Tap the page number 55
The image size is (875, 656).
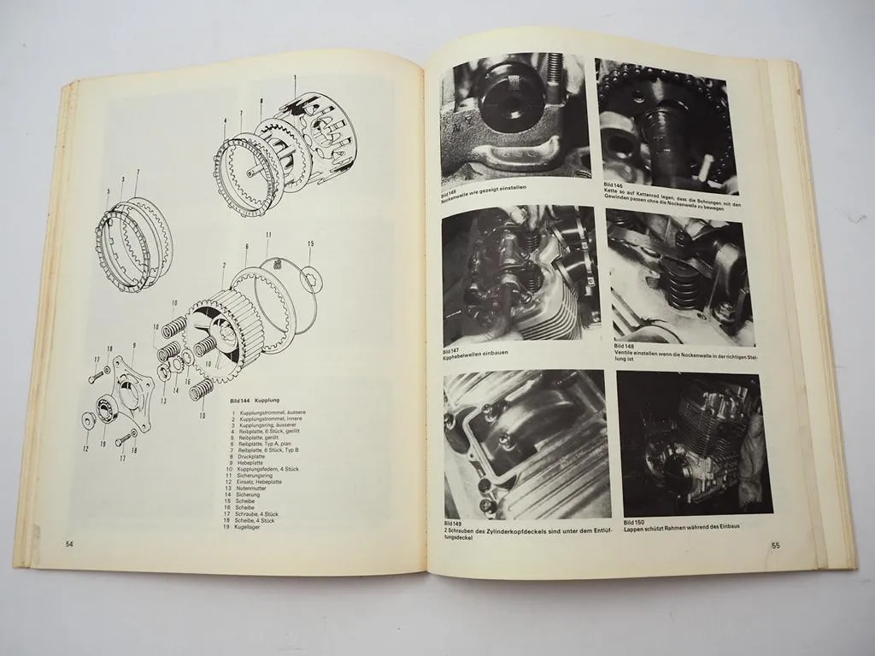coord(776,546)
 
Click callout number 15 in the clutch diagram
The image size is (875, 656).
coord(310,244)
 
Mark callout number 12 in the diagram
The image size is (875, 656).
coord(85,448)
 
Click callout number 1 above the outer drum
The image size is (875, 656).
coord(295,78)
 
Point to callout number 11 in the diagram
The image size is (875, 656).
coord(267,234)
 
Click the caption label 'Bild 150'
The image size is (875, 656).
coord(634,521)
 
